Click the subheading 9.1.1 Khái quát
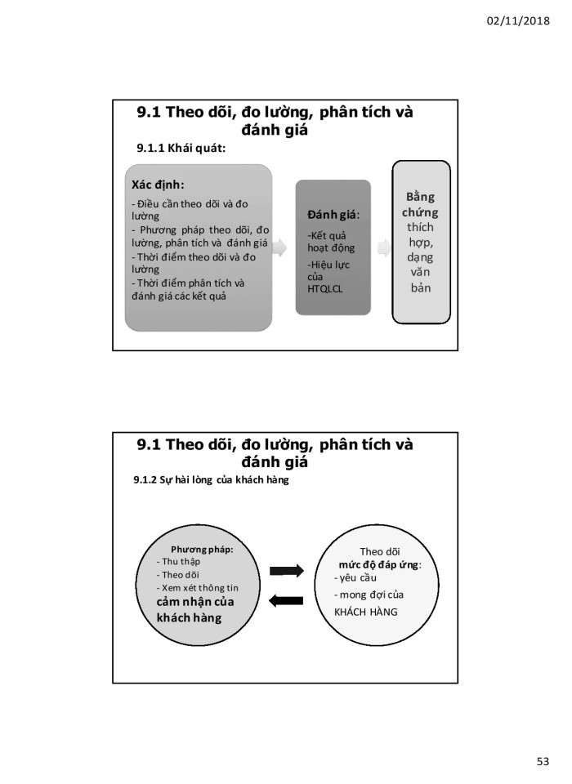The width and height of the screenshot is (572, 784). (181, 148)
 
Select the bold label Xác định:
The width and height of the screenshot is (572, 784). (158, 184)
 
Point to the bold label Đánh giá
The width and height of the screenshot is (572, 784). (332, 214)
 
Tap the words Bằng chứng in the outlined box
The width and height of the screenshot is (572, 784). (422, 205)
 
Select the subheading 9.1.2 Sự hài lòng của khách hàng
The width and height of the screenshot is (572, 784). (211, 480)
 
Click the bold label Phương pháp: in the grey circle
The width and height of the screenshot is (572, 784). (202, 549)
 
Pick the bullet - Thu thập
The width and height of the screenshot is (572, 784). (181, 562)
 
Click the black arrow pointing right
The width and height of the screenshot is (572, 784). (286, 569)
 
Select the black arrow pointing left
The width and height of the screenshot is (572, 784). (286, 601)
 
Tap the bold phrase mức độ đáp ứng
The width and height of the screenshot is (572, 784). (379, 564)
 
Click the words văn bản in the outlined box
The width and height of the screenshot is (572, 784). (421, 280)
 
